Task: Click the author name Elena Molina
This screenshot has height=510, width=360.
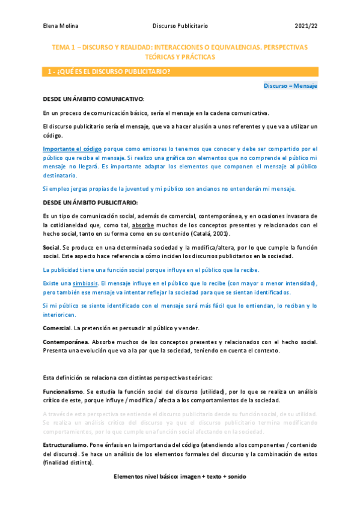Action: [x=61, y=26]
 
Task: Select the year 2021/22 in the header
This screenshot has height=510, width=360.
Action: [x=306, y=26]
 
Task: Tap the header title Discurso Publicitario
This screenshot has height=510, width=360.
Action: [x=180, y=26]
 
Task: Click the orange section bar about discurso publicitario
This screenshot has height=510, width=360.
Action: [x=180, y=72]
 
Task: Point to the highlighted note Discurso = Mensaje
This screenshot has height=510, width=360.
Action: [x=290, y=86]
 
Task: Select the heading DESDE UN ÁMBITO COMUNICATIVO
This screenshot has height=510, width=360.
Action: [x=93, y=99]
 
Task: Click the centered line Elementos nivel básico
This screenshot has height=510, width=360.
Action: [x=180, y=476]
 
